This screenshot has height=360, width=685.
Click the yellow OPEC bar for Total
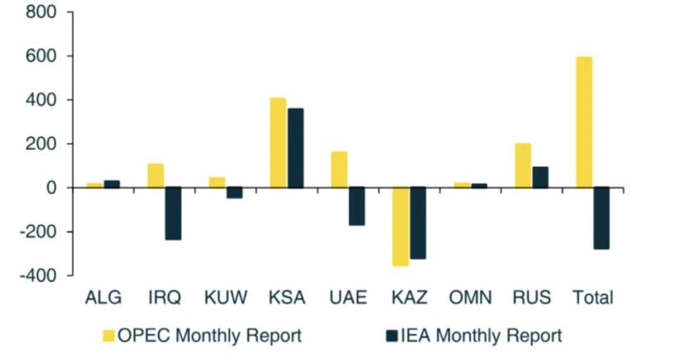point(584,122)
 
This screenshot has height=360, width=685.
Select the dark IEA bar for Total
point(601,218)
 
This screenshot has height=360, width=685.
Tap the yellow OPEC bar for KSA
point(278,143)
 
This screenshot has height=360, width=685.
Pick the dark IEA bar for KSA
point(296,148)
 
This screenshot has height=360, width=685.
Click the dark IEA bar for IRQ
point(173,214)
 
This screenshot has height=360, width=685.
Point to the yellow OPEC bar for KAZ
point(401,226)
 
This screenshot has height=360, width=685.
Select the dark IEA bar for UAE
point(357,206)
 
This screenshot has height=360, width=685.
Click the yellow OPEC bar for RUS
point(523,166)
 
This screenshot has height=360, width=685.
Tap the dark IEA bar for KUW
point(235,193)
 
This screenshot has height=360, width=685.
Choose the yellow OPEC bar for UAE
point(339,170)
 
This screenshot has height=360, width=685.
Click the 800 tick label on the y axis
point(41,12)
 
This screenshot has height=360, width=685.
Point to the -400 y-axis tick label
point(38,275)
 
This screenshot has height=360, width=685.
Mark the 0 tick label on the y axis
point(51,188)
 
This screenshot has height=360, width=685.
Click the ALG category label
point(103,298)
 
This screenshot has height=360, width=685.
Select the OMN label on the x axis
point(471,298)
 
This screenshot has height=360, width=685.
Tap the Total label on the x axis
point(593,298)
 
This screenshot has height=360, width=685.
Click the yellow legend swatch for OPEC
point(109,335)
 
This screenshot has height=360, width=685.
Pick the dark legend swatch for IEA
point(392,335)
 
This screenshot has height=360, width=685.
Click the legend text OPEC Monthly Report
point(210,335)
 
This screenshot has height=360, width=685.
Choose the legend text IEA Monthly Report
point(481,335)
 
